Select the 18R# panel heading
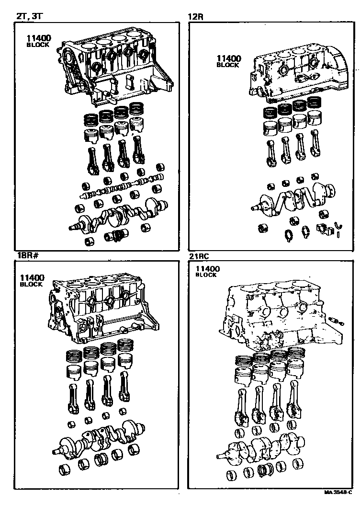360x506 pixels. click(28, 256)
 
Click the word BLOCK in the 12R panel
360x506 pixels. click(228, 65)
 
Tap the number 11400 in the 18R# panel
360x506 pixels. click(32, 277)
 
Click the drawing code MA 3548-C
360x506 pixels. click(338, 492)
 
